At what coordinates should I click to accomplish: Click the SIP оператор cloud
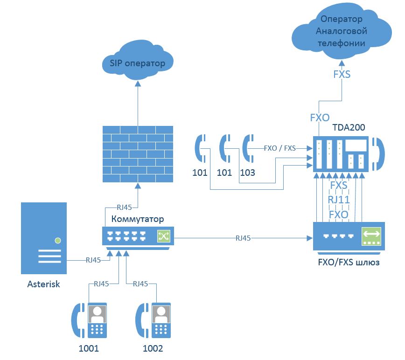pos(137,62)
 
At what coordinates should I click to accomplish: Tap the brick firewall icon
pos(137,153)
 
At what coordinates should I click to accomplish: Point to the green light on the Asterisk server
pos(57,241)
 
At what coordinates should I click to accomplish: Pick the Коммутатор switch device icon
pos(137,236)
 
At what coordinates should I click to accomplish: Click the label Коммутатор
pos(138,219)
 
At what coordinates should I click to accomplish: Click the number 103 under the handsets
pos(247,173)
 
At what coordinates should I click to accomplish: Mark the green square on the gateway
pos(371,237)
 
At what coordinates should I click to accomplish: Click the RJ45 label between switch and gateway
pos(243,238)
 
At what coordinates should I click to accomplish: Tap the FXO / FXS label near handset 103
pos(279,148)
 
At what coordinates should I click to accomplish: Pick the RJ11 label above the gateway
pos(339,200)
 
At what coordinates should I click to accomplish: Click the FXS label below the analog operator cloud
pos(342,74)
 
